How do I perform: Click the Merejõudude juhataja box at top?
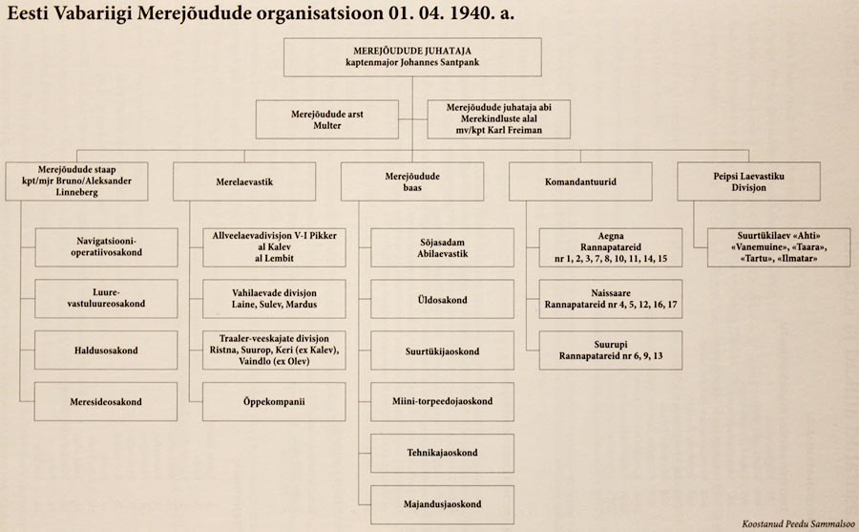click(412, 56)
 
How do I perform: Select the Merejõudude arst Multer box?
click(326, 120)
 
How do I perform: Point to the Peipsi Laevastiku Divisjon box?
click(749, 180)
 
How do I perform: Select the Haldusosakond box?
click(107, 351)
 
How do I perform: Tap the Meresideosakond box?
click(107, 402)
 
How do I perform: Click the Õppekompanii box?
click(261, 402)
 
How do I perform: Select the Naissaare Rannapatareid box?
click(610, 299)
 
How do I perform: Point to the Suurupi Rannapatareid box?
click(610, 351)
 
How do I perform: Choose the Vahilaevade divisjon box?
click(261, 299)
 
